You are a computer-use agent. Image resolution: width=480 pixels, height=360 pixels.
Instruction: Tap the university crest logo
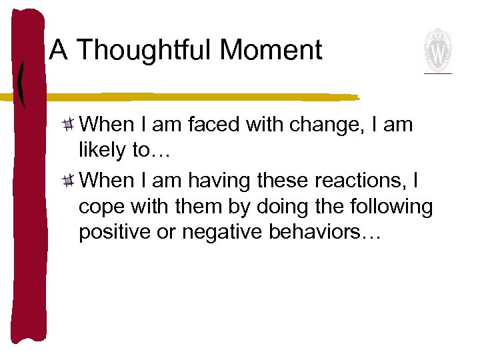click(x=438, y=50)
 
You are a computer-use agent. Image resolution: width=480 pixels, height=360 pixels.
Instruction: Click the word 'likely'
click(x=101, y=151)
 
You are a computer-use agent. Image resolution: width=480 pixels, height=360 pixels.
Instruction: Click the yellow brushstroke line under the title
click(x=200, y=97)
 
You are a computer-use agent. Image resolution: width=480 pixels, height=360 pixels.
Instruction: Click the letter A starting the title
click(x=59, y=51)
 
